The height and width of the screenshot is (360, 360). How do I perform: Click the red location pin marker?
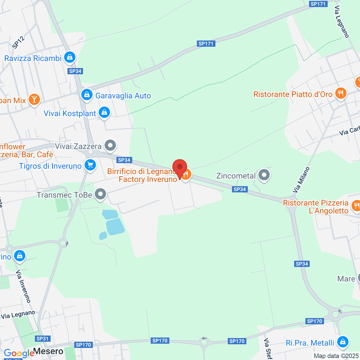coord(180,167)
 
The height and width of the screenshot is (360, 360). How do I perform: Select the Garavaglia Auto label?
coord(123,96)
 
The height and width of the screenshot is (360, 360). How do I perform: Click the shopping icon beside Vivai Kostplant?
coord(104,112)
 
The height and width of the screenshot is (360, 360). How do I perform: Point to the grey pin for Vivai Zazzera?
coord(110,145)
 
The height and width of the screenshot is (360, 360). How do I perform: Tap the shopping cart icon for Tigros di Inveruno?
coord(90,165)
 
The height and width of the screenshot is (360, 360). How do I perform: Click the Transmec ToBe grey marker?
coord(100,194)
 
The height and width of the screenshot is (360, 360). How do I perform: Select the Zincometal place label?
coord(236,176)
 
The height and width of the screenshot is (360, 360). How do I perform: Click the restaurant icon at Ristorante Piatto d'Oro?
coord(340,93)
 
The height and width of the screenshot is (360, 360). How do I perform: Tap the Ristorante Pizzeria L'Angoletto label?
coord(316,207)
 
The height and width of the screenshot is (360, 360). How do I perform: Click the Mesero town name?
coord(48,351)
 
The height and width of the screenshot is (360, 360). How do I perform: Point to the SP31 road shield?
coord(42,339)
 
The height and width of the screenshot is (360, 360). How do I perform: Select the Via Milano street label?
coord(301,180)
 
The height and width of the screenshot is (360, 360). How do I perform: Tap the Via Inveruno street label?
coord(23,286)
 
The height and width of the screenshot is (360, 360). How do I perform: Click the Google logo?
coord(19,353)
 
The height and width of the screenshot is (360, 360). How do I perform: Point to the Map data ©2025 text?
coord(336,356)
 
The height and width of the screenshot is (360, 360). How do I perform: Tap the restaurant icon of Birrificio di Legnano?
coord(186,174)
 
